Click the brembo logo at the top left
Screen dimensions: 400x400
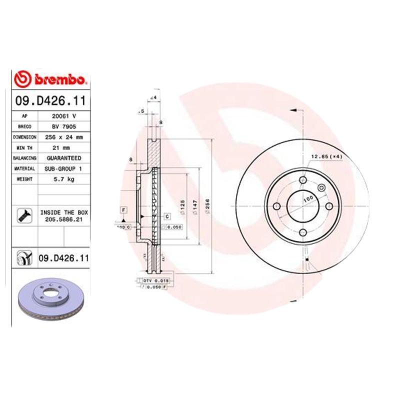[51, 79]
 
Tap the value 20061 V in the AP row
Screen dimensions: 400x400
[63, 116]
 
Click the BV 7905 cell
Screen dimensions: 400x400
[63, 126]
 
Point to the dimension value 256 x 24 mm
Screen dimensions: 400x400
[63, 137]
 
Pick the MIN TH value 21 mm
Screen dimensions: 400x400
[63, 147]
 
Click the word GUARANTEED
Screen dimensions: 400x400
[63, 158]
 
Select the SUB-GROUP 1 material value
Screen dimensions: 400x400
[63, 169]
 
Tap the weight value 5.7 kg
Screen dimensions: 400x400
[63, 179]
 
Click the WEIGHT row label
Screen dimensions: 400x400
[24, 179]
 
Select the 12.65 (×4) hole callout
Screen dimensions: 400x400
[326, 157]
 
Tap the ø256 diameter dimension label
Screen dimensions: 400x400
[206, 205]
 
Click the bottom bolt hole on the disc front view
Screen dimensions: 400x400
[303, 232]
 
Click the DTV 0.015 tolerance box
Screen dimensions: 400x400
[156, 281]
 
